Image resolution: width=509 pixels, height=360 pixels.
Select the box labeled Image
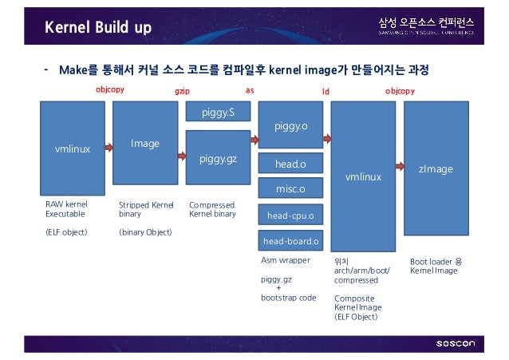pos(145,144)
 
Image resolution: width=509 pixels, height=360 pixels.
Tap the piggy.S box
pos(218,113)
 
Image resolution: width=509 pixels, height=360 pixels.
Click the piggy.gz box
pos(218,159)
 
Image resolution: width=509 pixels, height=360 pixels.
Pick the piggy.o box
pos(290,126)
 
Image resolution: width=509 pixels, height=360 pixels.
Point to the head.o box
pos(290,164)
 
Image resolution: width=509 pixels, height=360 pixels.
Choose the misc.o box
pos(290,189)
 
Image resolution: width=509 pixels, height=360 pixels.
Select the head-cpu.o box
pos(290,216)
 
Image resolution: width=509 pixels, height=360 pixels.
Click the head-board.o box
pos(290,241)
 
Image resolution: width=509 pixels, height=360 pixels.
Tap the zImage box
pos(436,168)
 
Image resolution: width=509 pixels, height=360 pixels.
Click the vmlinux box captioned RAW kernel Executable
pos(72,149)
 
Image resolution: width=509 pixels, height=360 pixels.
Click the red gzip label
pos(182,92)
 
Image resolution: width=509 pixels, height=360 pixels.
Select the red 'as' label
pos(249,91)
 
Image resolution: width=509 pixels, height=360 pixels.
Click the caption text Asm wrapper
pos(285,260)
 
